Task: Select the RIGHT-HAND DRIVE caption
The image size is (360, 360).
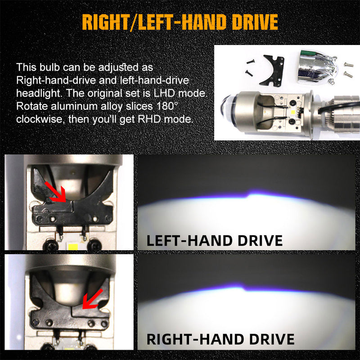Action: pyautogui.click(x=220, y=338)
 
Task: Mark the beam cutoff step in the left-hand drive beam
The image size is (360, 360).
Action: pyautogui.click(x=248, y=194)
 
